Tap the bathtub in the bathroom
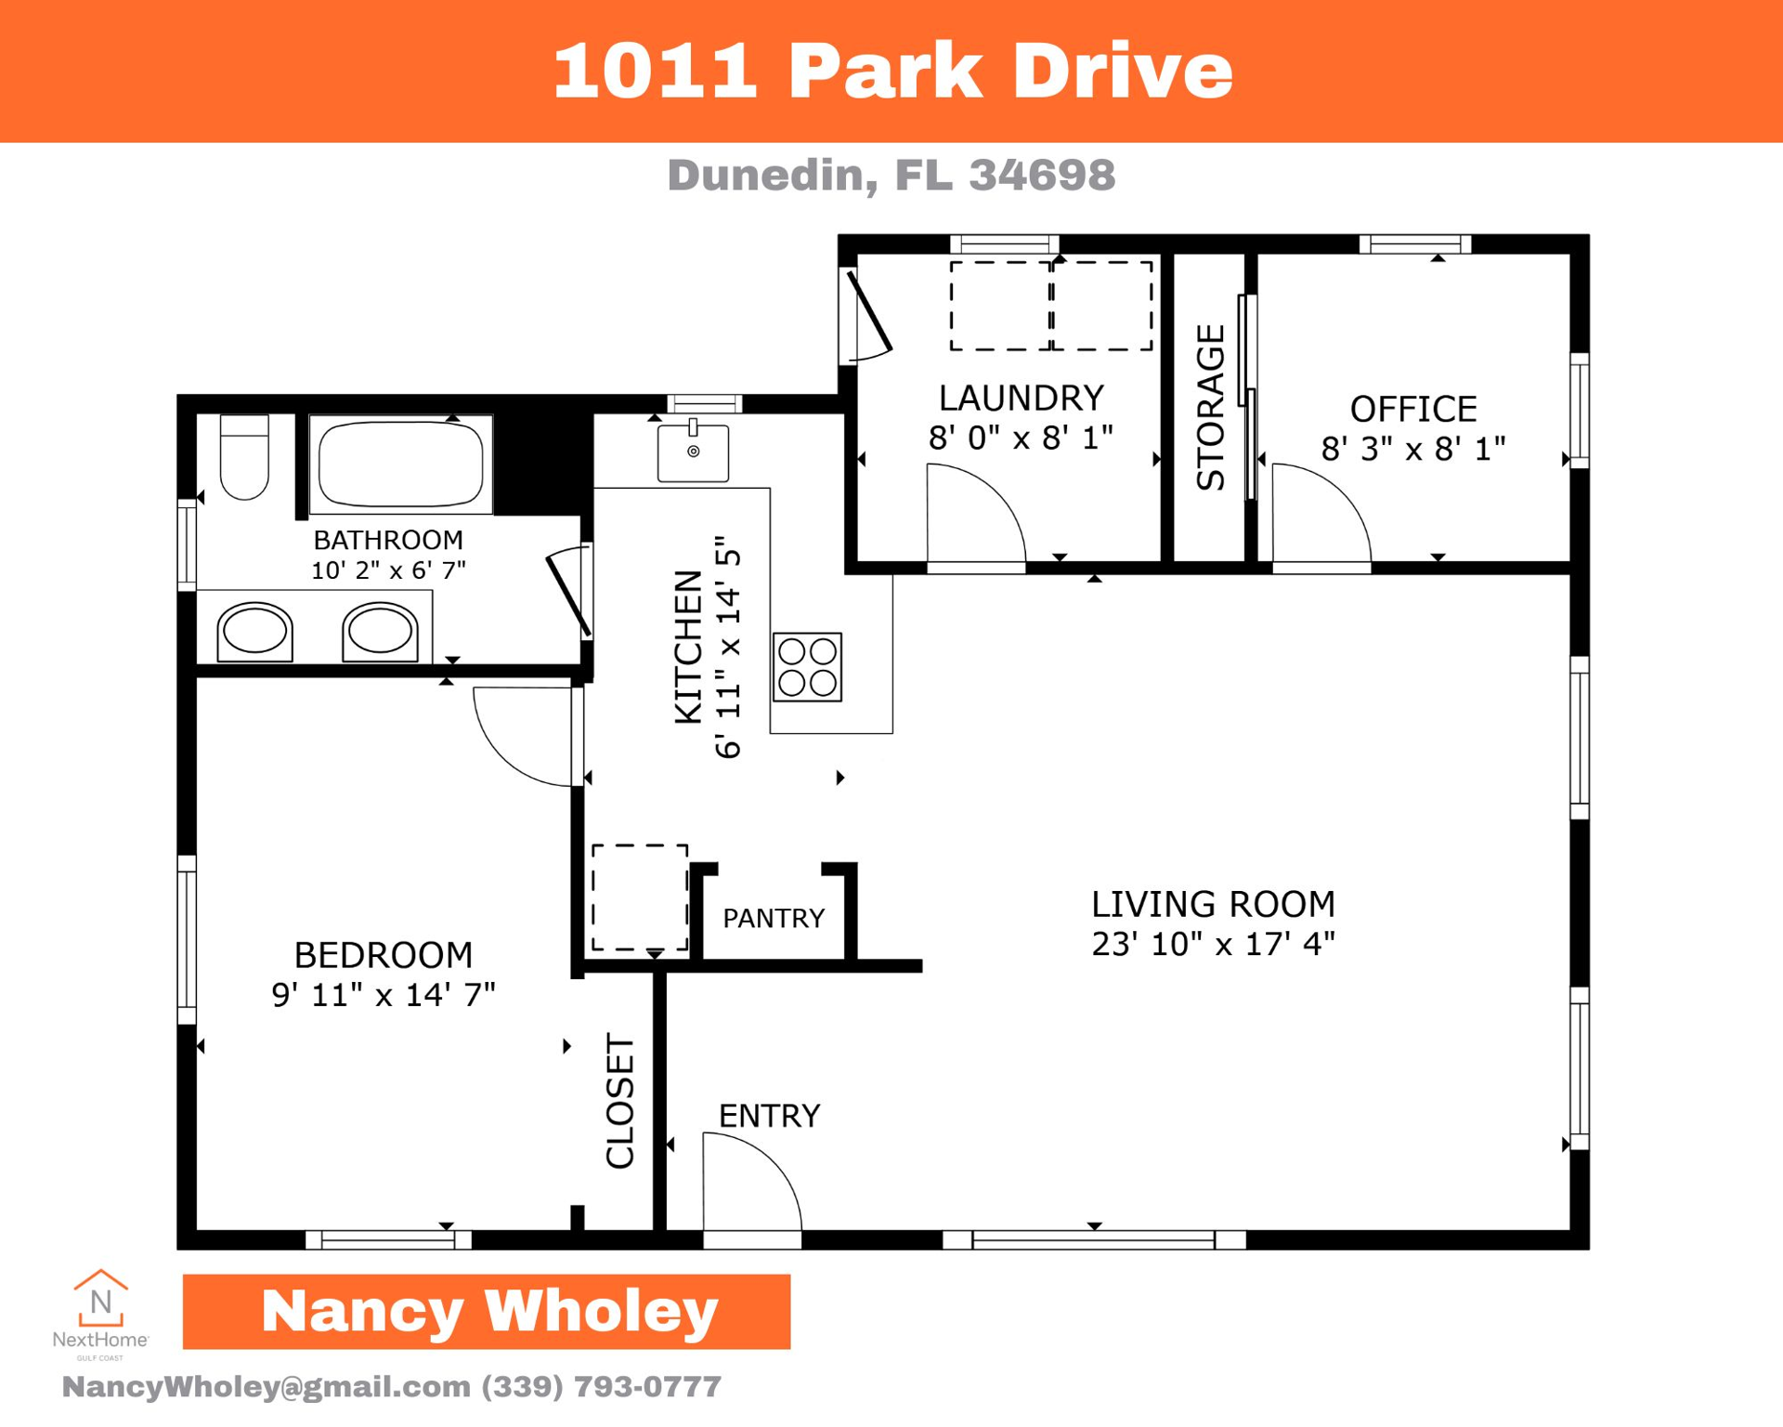click(x=400, y=465)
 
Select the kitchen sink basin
click(x=693, y=452)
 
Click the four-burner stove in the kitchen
click(x=807, y=667)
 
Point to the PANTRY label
click(x=774, y=919)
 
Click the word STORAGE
click(x=1211, y=407)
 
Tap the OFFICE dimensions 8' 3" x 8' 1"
click(x=1412, y=450)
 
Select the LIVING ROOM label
click(x=1212, y=904)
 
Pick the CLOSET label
click(x=619, y=1101)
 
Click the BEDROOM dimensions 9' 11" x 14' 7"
click(x=383, y=995)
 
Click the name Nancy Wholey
click(x=488, y=1311)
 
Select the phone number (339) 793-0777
click(x=601, y=1386)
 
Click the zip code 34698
click(x=1041, y=175)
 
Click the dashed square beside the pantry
click(x=640, y=897)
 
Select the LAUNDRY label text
click(x=1021, y=398)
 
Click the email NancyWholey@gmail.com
click(x=266, y=1386)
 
